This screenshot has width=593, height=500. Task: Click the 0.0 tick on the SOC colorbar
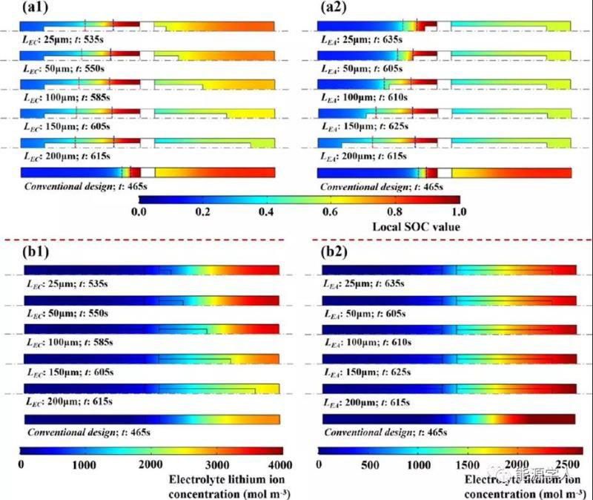coord(139,213)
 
